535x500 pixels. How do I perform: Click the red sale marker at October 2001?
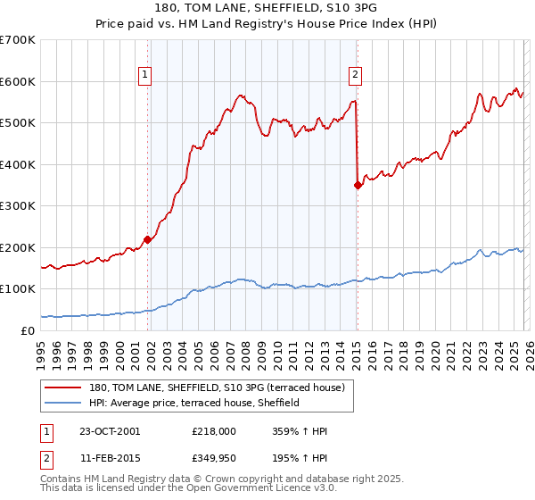point(147,239)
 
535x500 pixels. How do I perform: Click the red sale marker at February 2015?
point(357,185)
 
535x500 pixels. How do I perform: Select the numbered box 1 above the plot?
point(144,76)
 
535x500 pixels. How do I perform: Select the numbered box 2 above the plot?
point(355,76)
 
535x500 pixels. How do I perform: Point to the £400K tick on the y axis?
point(18,164)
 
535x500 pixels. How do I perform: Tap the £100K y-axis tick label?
point(18,289)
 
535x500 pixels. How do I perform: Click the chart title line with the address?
point(267,9)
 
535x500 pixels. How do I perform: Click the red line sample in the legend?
point(63,387)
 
